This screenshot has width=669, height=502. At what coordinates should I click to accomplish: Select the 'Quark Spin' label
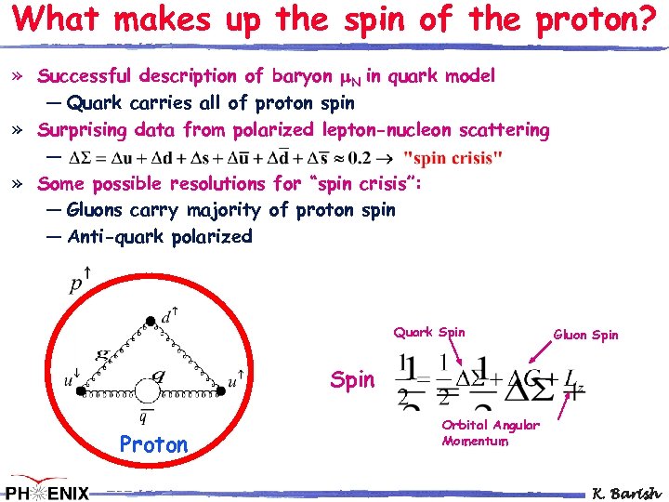click(429, 332)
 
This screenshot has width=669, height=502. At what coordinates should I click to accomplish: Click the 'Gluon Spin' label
click(585, 335)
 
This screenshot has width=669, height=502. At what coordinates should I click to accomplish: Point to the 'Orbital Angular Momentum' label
click(490, 433)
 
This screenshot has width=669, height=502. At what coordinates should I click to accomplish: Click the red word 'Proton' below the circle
click(153, 445)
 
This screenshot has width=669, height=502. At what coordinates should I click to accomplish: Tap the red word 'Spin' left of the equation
click(353, 379)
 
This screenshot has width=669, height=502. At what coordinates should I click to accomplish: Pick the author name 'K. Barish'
click(627, 492)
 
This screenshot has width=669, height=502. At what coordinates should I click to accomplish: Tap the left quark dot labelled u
click(81, 392)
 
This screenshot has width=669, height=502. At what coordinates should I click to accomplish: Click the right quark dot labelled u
click(222, 392)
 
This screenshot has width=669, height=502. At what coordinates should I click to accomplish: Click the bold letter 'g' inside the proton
click(104, 354)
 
